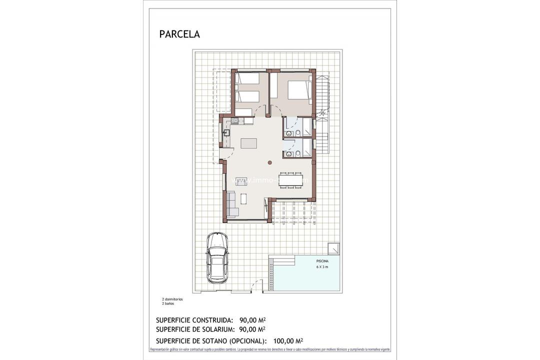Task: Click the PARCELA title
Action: pos(179,34)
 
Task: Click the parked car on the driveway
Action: pos(217,257)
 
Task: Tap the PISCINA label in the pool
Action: pos(322,261)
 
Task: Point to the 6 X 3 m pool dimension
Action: pos(322,267)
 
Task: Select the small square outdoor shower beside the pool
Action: pos(333,248)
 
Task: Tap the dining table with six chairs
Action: pos(290,180)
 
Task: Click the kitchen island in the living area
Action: pos(248,143)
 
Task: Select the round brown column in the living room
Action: pos(269,162)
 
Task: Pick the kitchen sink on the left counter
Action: pos(226,133)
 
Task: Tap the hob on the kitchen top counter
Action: pos(235,120)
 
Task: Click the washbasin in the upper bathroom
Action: pos(288,133)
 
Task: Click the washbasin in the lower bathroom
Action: pos(288,154)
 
